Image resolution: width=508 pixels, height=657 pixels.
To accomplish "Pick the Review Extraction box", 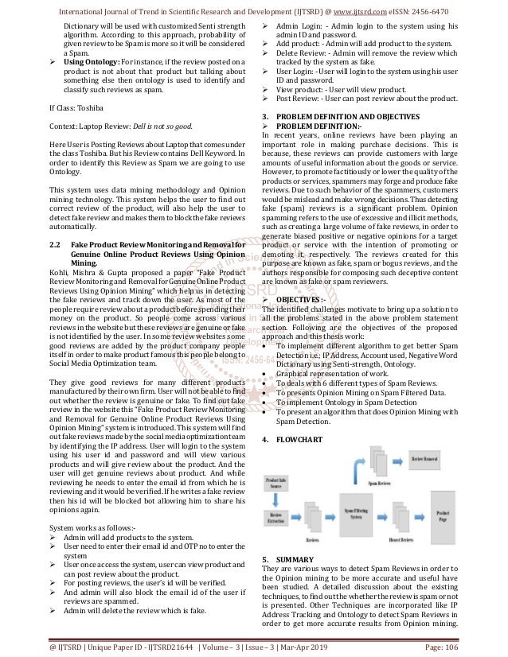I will tap(277, 518).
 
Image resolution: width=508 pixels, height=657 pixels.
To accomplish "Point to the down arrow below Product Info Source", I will tap(277, 502).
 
